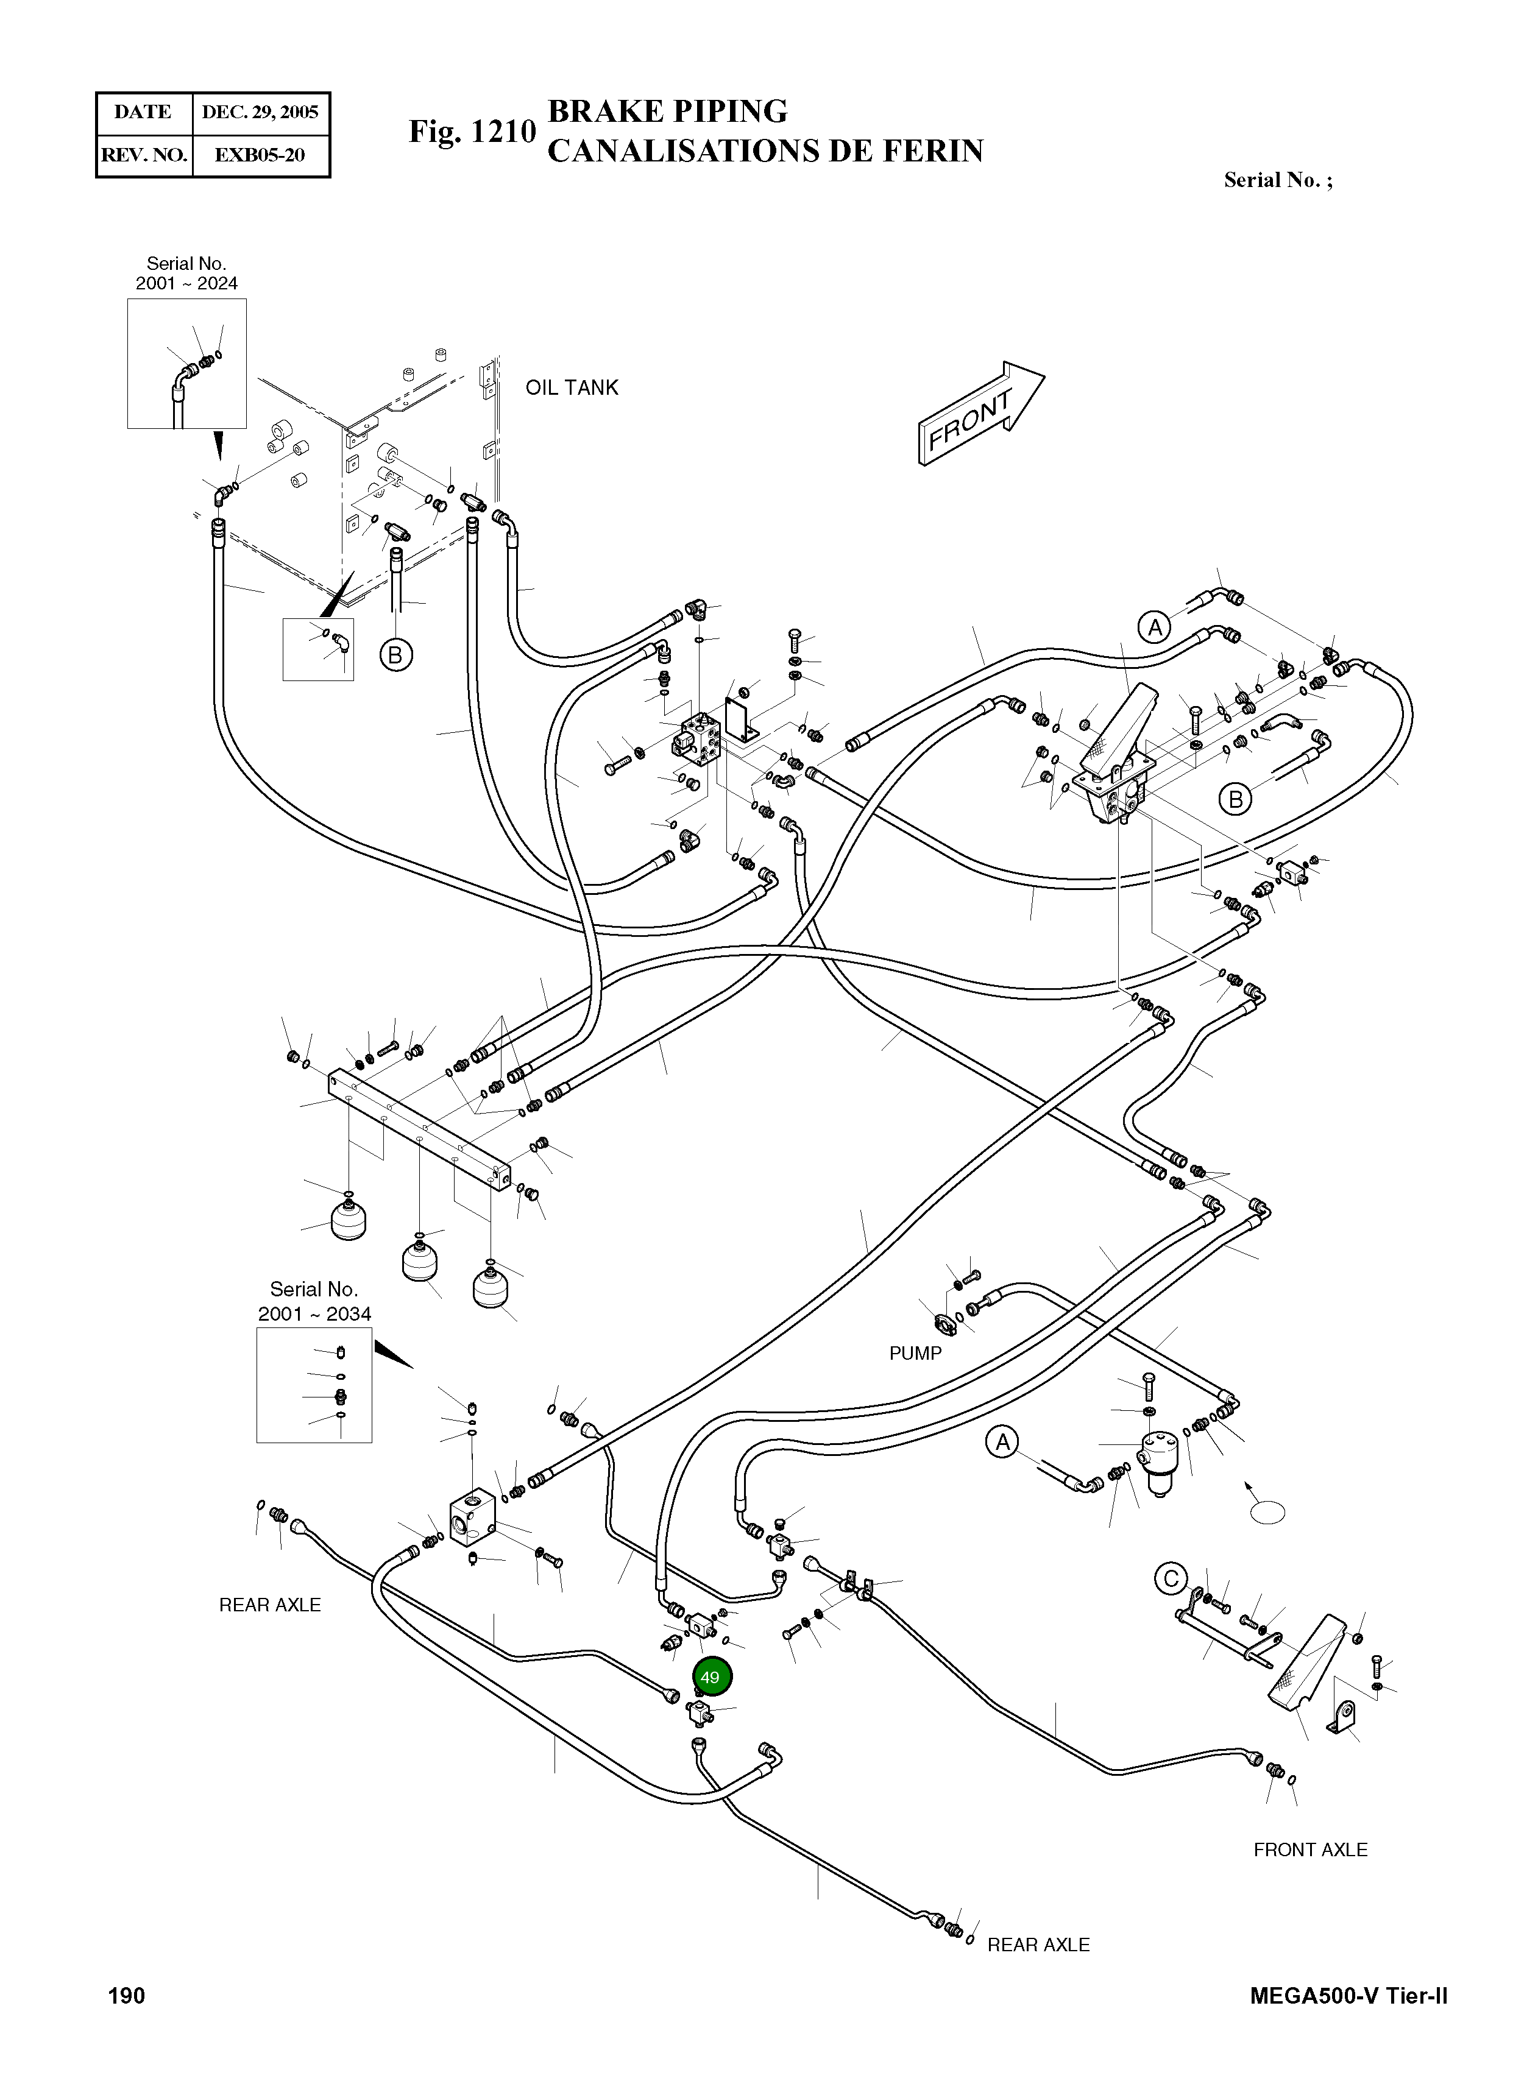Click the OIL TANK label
click(572, 388)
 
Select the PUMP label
click(915, 1353)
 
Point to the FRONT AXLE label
click(1310, 1849)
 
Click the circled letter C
click(1171, 1578)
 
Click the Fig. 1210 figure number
click(472, 132)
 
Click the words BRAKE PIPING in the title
click(667, 111)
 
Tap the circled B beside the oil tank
click(395, 655)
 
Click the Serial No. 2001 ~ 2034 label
click(314, 1301)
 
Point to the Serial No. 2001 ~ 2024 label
click(186, 274)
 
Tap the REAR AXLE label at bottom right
click(1038, 1945)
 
